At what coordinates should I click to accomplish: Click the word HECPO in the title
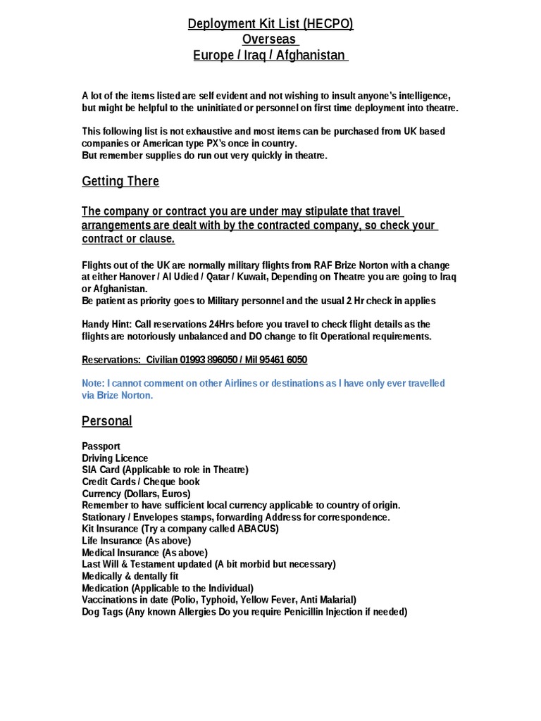pos(329,25)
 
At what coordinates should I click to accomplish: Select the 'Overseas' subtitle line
pos(270,39)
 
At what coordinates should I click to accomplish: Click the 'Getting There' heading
pos(120,181)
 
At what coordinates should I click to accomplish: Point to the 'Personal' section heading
pos(107,421)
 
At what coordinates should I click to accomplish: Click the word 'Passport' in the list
pos(101,446)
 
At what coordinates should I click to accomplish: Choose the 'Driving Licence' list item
pos(115,458)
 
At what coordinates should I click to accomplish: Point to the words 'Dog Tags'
pos(103,612)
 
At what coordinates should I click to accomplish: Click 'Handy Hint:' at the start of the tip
pos(106,324)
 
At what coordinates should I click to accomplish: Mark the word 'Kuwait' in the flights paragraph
pos(251,277)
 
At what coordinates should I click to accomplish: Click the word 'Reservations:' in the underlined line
pos(111,360)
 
